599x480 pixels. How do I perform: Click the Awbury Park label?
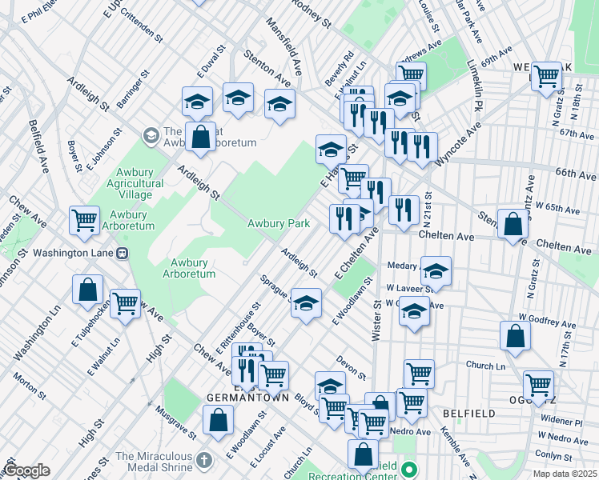point(278,224)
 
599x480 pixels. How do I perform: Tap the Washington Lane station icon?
point(123,253)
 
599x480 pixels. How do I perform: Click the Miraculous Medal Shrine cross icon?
point(204,461)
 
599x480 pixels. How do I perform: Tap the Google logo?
point(26,470)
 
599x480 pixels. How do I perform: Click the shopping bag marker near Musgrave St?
point(217,419)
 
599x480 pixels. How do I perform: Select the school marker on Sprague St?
point(305,303)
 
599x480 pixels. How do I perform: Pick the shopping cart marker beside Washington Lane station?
point(84,219)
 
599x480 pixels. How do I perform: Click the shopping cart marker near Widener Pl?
point(538,385)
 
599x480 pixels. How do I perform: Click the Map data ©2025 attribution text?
point(565,474)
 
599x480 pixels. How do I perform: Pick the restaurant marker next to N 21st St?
point(404,209)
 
